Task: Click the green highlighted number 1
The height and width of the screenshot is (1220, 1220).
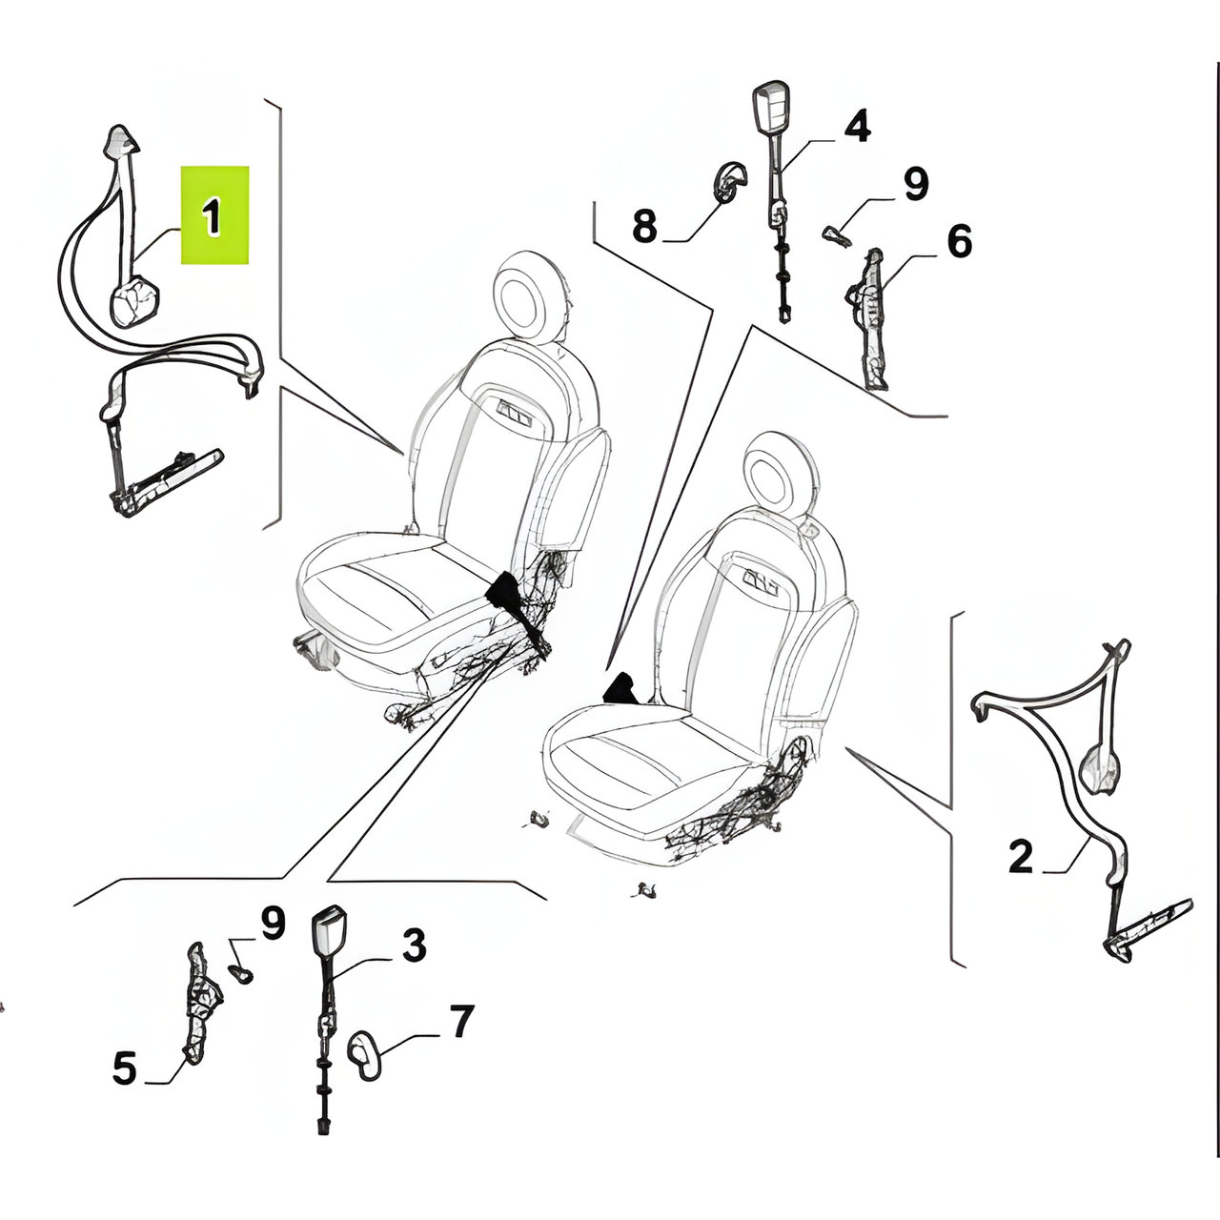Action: point(211,215)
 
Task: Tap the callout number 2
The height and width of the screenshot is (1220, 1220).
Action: point(1021,857)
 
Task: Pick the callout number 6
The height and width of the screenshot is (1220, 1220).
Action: point(959,241)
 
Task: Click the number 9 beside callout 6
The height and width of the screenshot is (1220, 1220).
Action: point(915,184)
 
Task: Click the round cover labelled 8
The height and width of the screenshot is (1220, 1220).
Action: point(730,181)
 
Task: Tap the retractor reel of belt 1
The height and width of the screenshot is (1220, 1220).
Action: point(134,303)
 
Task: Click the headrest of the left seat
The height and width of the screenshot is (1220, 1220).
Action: point(528,297)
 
